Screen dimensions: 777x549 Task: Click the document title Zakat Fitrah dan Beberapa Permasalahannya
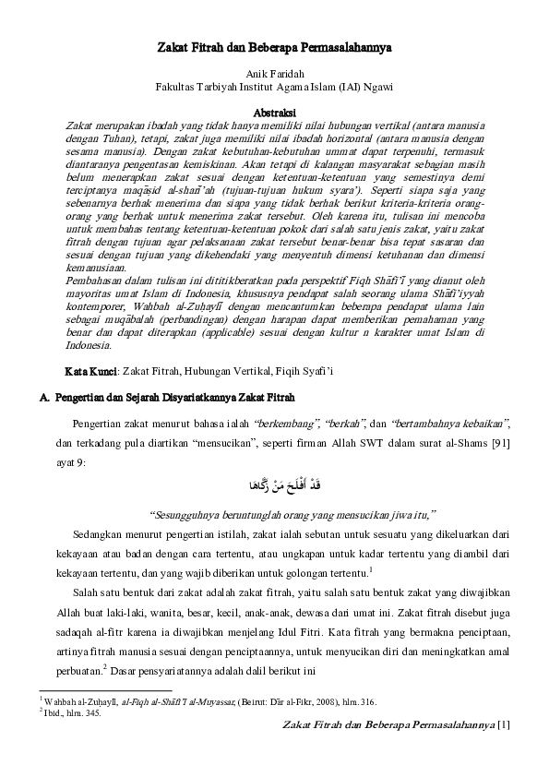(x=273, y=44)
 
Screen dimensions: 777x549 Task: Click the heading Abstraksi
(x=274, y=110)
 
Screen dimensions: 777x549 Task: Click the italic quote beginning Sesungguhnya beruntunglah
(x=292, y=513)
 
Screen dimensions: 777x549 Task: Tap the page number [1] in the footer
(x=503, y=725)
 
